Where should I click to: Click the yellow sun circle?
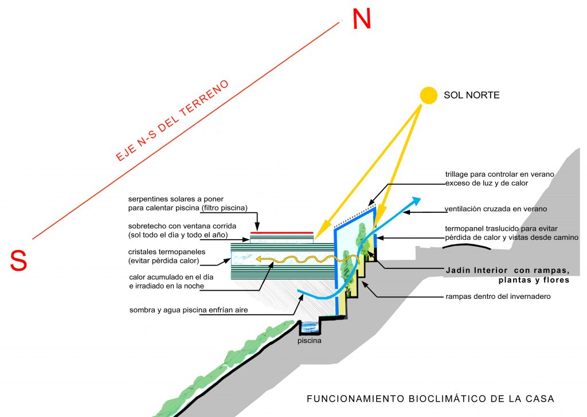coord(428,96)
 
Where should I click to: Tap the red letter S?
coord(19,260)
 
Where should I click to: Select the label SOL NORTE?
coord(471,95)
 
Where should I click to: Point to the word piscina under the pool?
coord(310,340)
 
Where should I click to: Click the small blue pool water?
coord(310,327)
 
